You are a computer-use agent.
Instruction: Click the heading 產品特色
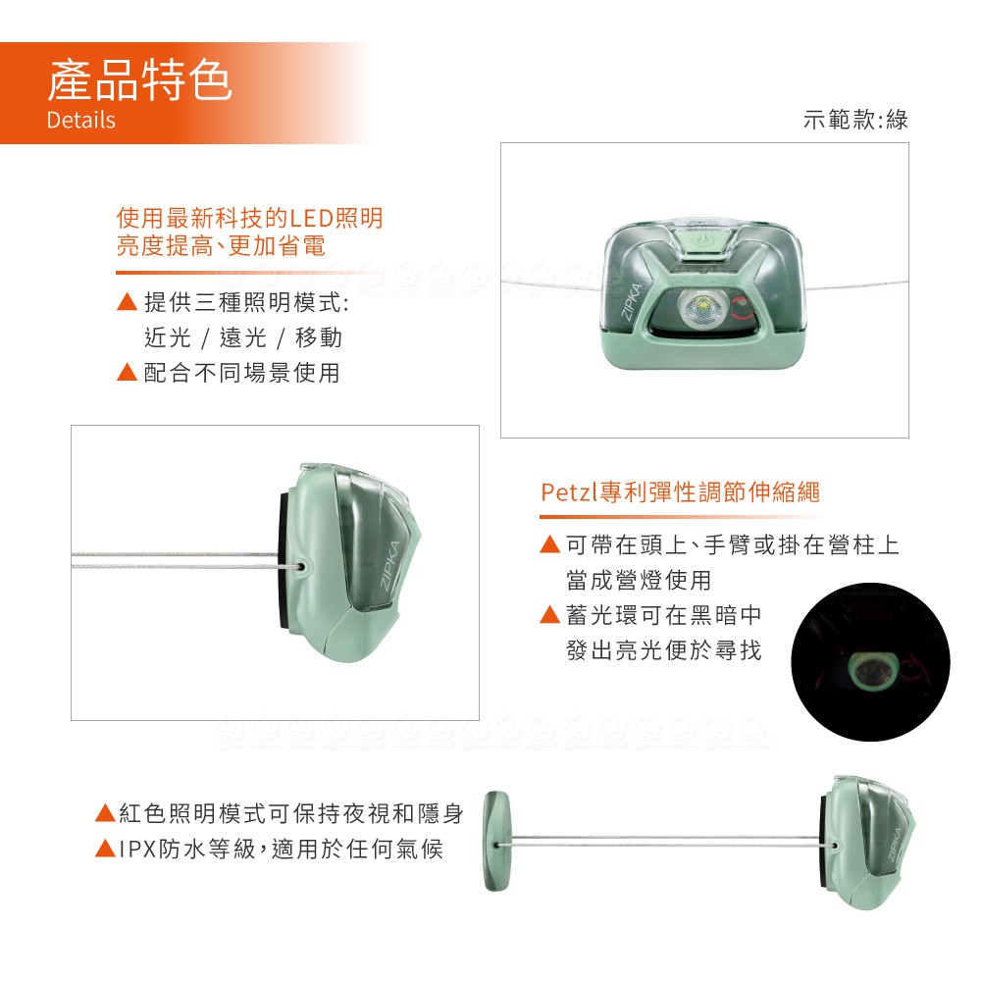click(139, 79)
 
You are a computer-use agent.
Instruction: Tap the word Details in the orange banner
click(80, 120)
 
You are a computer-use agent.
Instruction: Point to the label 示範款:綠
click(855, 119)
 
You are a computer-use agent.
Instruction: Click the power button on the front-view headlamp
click(702, 240)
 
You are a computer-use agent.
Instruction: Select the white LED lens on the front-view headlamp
click(700, 308)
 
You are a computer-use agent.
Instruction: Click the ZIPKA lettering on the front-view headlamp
click(632, 301)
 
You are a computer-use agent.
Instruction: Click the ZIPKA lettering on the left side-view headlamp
click(390, 564)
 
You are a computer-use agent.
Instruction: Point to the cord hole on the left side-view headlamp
click(301, 567)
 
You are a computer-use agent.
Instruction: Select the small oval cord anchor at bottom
click(496, 841)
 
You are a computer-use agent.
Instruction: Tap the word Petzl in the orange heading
click(569, 492)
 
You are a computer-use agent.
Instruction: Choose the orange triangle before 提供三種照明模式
click(127, 301)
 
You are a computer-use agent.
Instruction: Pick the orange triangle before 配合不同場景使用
click(127, 372)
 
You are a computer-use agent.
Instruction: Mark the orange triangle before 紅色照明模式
click(105, 812)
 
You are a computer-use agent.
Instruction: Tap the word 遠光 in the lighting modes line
click(242, 337)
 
